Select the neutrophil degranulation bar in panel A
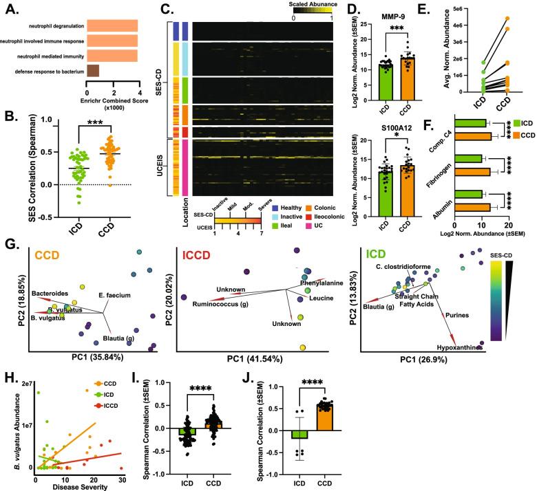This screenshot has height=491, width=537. point(112,26)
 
